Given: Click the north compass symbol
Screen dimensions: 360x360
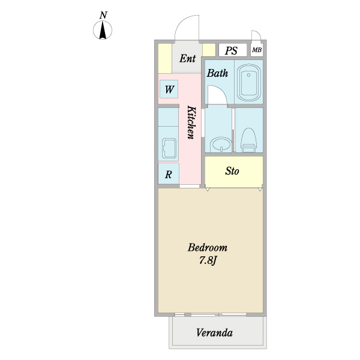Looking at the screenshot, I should (104, 30).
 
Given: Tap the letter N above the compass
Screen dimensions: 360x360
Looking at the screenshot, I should (104, 14).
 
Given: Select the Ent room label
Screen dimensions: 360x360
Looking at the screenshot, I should (187, 59).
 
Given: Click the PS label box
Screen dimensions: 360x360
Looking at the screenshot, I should (232, 50).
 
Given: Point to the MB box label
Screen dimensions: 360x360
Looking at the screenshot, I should (257, 50).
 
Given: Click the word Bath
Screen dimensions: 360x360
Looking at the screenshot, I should (217, 74).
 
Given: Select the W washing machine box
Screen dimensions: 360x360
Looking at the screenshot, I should (169, 91).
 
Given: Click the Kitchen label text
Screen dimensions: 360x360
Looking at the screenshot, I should (191, 122).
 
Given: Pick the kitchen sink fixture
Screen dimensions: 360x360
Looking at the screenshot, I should (169, 148).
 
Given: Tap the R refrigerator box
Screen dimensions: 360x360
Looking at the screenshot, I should (169, 175).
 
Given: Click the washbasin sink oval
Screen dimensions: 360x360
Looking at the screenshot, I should (220, 145).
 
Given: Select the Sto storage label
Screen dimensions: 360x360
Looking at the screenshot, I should (233, 172).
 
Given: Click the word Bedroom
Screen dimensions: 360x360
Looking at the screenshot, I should (208, 248).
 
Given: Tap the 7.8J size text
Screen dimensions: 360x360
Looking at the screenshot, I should (208, 260).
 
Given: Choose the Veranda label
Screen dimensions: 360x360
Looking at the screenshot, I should (214, 333).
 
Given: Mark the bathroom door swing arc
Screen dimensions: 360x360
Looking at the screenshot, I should (217, 94).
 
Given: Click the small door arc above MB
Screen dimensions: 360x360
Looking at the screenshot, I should (256, 35).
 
